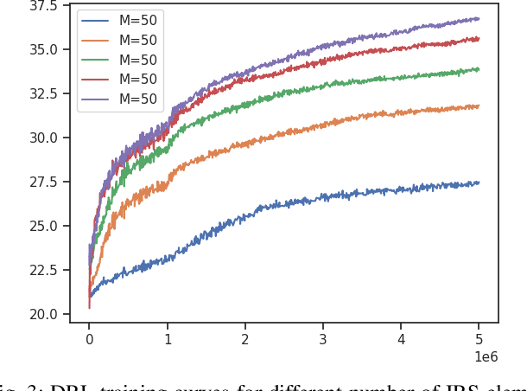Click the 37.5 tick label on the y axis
[42, 6]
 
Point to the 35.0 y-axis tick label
[42, 49]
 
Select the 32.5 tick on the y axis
[42, 93]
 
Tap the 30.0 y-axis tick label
[42, 138]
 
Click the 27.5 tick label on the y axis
[42, 182]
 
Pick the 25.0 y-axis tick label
[42, 226]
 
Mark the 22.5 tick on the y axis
[42, 270]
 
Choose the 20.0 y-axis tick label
[42, 314]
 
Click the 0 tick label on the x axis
[89, 338]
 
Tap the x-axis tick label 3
[323, 338]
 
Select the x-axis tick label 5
[479, 338]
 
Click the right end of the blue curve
[479, 183]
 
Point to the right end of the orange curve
[479, 106]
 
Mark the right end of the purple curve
[479, 18]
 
